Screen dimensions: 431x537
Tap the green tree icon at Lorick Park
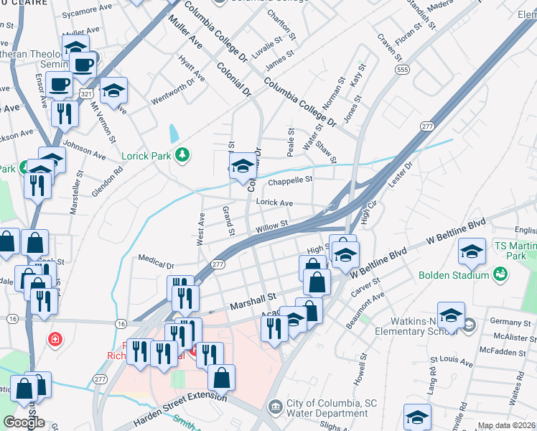pos(183,154)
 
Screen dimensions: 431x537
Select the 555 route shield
pos(402,69)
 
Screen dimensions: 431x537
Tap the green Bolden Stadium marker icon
pos(500,274)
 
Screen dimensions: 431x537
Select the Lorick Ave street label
pos(274,203)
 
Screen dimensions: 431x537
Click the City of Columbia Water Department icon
pos(275,408)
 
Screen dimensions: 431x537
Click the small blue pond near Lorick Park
pos(173,134)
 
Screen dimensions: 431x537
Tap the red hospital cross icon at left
pos(55,338)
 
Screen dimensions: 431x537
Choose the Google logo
pos(24,422)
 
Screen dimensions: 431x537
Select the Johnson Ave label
pos(85,148)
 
